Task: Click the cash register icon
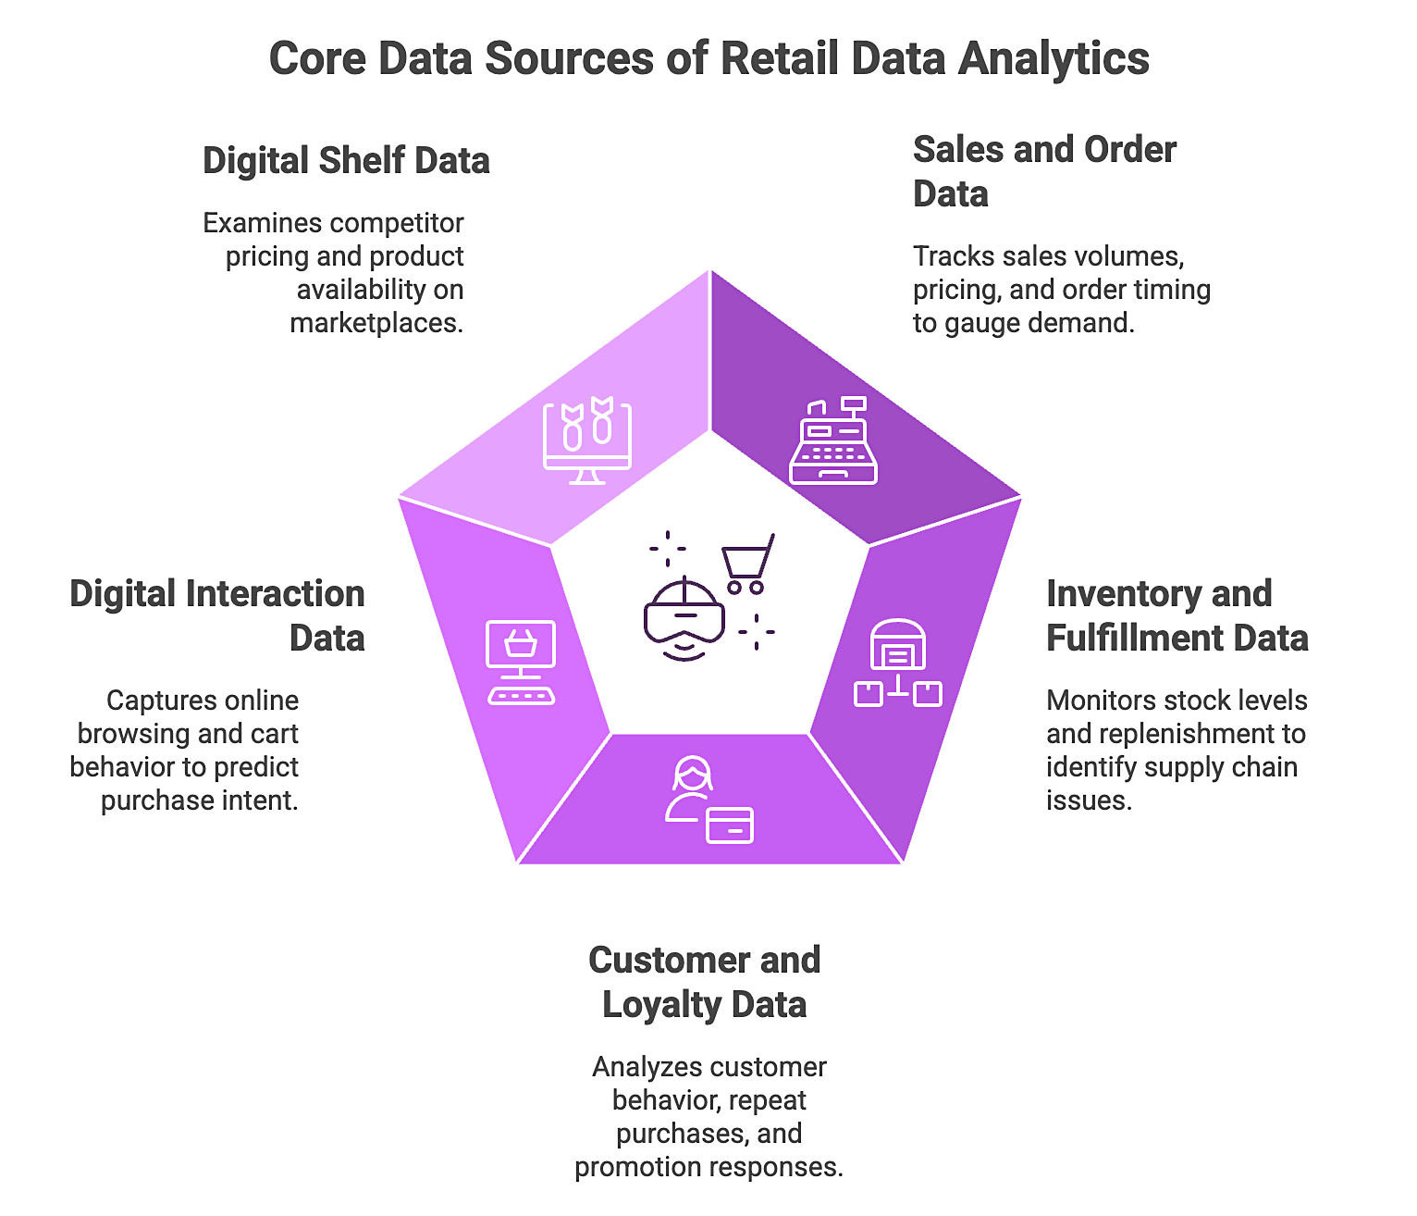[x=832, y=441]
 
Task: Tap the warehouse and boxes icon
[x=897, y=664]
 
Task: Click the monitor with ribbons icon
[x=587, y=441]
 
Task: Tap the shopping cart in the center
[x=747, y=564]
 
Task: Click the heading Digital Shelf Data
[x=346, y=161]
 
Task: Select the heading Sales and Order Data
[x=1043, y=171]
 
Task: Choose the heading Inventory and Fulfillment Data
[x=1177, y=615]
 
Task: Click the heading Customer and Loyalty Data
[x=704, y=982]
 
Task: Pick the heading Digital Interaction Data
[x=218, y=615]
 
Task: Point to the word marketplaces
[x=376, y=323]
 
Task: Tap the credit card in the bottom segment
[x=730, y=825]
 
